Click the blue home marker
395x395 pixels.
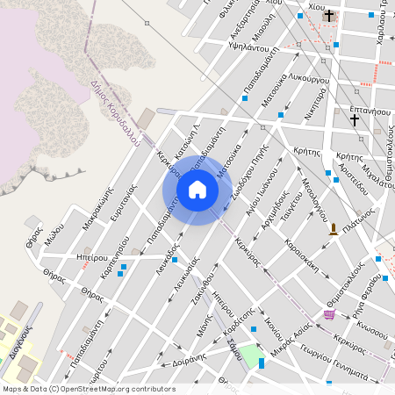tap(197, 189)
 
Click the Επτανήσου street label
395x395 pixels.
tap(369, 111)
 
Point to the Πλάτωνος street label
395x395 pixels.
tap(359, 217)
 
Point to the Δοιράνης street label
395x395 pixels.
tap(189, 358)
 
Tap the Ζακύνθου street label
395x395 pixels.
tap(202, 287)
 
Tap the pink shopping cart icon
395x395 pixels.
tap(329, 314)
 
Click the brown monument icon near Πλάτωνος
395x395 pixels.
tap(334, 230)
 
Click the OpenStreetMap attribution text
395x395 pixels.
tap(88, 388)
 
